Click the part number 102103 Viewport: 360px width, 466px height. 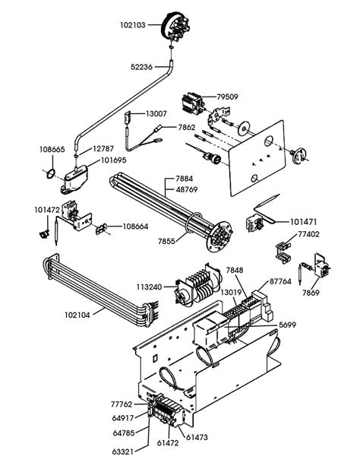coord(132,25)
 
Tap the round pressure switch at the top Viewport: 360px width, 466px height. coord(175,26)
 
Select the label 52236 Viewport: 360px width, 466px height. coord(141,67)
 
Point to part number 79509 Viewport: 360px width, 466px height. coord(227,97)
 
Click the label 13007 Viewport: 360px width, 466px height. coord(156,113)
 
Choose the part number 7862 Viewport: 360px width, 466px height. coord(187,128)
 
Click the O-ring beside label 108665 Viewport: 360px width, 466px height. coord(51,173)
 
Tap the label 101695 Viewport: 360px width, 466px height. coord(113,160)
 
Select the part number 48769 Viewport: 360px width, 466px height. coord(187,189)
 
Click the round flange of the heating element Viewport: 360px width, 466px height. coord(219,237)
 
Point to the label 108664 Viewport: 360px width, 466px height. coord(135,227)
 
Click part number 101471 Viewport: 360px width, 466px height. coord(303,222)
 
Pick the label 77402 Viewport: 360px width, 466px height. coord(308,234)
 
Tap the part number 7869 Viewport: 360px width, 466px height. coord(311,293)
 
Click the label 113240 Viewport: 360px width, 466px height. coord(150,287)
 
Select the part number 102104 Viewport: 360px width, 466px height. coord(77,315)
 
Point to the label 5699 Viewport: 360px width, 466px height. coord(288,325)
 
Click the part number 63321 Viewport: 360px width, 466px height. coord(123,452)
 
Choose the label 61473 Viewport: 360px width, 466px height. coord(197,437)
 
